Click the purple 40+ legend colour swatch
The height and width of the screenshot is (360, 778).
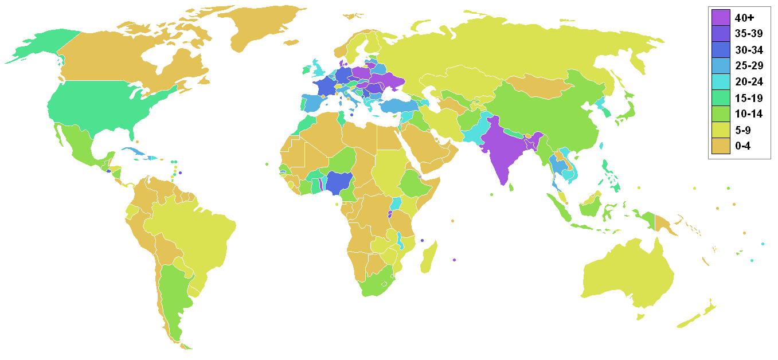coord(721,17)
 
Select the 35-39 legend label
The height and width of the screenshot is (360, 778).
coord(748,33)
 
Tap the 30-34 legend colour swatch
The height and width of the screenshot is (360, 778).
coord(721,49)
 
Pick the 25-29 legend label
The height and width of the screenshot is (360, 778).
coord(748,65)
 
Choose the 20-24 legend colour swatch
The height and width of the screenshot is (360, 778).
coord(721,81)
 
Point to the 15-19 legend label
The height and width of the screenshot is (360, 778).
coord(748,97)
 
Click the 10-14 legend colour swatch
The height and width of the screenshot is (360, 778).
coord(721,114)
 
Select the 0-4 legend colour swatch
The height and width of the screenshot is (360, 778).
coord(721,146)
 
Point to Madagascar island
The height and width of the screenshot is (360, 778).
coord(429,258)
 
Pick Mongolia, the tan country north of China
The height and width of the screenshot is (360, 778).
coord(539,86)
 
